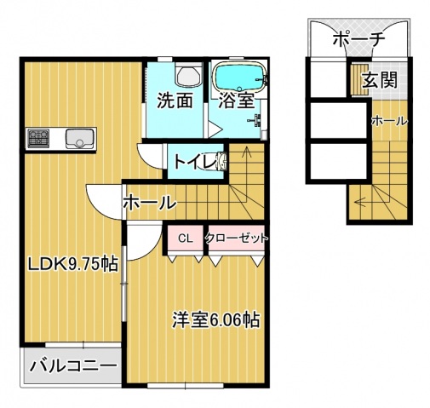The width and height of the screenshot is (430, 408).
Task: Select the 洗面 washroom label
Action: click(175, 101)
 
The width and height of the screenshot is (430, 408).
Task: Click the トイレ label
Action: click(195, 161)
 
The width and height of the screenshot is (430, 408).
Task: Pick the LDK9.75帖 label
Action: click(71, 263)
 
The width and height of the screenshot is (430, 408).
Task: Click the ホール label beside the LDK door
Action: click(149, 204)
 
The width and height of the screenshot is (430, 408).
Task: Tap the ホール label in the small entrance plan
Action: click(388, 122)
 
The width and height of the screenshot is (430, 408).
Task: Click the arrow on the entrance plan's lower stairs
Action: click(364, 203)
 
